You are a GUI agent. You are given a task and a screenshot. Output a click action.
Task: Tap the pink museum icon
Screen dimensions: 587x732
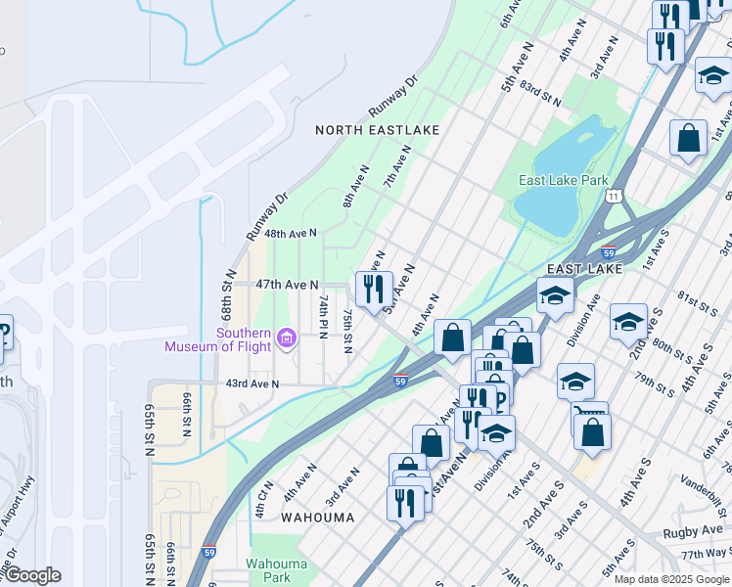coord(286,339)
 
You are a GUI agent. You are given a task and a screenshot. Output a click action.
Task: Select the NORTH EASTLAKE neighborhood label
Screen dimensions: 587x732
coord(377,130)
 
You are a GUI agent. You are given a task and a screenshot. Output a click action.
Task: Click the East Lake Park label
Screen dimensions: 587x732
coord(563,180)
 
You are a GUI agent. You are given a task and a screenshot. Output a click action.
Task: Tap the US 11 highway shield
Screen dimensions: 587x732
coord(613,197)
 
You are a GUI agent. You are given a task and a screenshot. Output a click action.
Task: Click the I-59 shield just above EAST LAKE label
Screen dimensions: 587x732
coord(607,251)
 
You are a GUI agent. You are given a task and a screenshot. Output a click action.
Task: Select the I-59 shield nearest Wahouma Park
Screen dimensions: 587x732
coord(208,553)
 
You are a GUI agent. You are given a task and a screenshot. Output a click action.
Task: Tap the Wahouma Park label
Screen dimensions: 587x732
coord(275,570)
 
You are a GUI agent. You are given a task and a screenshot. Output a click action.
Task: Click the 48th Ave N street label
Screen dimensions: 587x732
coord(291,234)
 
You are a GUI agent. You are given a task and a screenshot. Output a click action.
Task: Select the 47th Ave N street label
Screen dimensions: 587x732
coord(287,285)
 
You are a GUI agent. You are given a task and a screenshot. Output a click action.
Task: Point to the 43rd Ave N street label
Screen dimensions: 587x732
coord(252,384)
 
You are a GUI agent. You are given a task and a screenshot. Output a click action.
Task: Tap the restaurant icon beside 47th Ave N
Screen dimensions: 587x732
coord(374,289)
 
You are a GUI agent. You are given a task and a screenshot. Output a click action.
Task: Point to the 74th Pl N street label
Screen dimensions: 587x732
coord(322,316)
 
